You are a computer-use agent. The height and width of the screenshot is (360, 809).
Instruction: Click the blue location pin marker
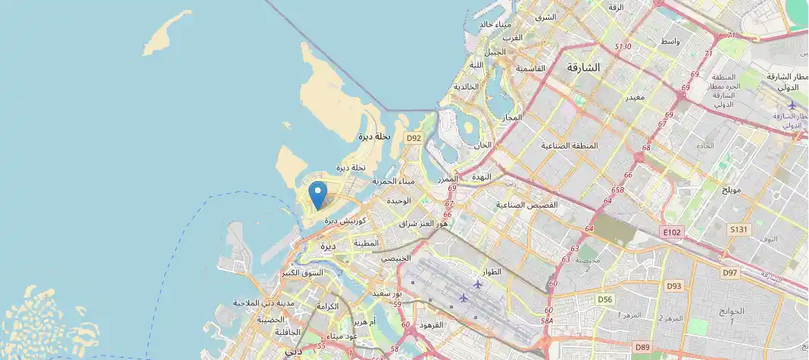(x=318, y=194)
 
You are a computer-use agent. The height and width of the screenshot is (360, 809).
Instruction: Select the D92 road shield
(x=413, y=138)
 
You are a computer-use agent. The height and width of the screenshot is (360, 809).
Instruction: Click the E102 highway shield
(x=671, y=232)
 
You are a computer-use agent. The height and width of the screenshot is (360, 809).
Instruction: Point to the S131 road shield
(x=739, y=229)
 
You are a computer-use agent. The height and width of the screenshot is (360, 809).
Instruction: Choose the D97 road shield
(x=729, y=273)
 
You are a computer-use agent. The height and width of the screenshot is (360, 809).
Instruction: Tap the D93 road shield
(x=673, y=286)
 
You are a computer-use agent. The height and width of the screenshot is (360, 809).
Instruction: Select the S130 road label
(x=623, y=47)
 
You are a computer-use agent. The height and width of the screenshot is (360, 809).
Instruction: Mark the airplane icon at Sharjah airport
(x=792, y=105)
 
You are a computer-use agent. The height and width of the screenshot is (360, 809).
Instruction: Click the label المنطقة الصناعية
(x=569, y=145)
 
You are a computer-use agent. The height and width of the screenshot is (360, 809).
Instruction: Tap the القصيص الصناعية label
(x=527, y=205)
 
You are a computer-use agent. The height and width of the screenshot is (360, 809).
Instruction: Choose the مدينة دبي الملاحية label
(x=263, y=303)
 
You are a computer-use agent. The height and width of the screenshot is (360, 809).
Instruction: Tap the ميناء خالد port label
(x=497, y=24)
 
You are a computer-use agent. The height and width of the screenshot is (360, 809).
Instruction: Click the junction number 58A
(x=546, y=321)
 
